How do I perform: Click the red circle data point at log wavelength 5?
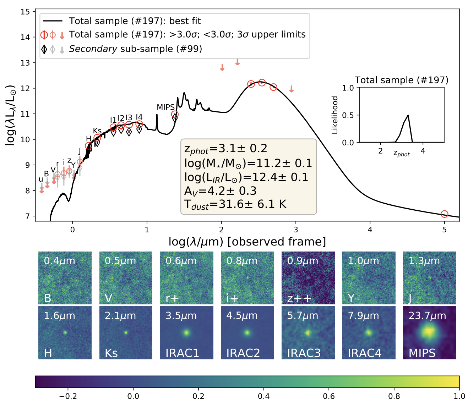click(x=444, y=214)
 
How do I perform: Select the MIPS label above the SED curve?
click(x=165, y=107)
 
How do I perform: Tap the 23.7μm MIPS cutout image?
click(x=429, y=333)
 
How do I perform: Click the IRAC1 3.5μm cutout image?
click(x=187, y=333)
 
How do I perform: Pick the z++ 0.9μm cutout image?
click(x=308, y=278)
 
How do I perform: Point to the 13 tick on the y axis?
click(x=25, y=63)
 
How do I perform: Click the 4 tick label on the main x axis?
click(x=370, y=230)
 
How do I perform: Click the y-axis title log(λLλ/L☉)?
click(x=11, y=115)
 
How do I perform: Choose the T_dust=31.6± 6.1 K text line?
click(x=235, y=205)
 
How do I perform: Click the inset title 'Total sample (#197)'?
click(x=402, y=80)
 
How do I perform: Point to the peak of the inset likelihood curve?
click(x=408, y=115)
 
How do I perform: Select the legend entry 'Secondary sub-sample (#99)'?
click(x=135, y=49)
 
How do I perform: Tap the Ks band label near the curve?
click(x=97, y=131)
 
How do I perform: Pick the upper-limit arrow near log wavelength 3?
click(x=292, y=89)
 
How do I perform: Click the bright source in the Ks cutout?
click(x=126, y=333)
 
